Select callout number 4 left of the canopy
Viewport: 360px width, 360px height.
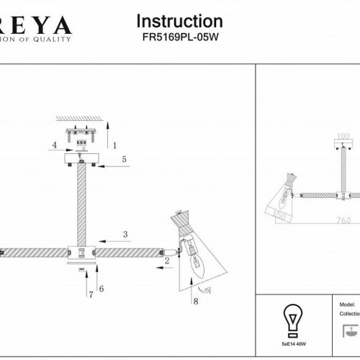54,145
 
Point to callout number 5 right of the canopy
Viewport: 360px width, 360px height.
124,158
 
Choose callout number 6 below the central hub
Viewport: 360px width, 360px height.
102,288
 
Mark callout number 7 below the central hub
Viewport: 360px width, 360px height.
91,294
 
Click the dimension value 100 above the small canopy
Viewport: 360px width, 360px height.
343,135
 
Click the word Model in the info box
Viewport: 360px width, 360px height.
346,305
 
